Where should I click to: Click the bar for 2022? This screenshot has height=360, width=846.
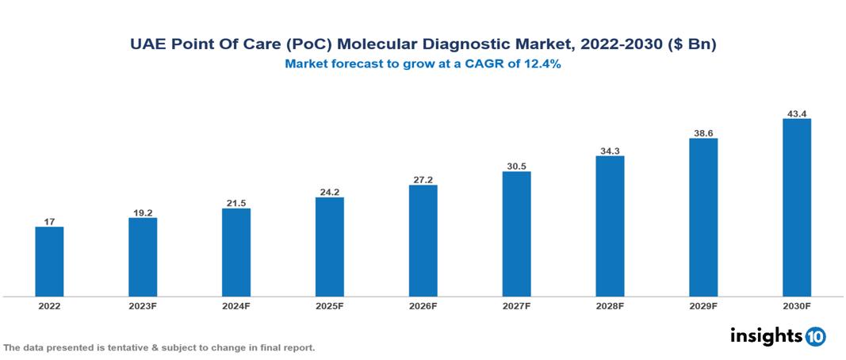coord(49,262)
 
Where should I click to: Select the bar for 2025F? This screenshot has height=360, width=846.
coord(330,247)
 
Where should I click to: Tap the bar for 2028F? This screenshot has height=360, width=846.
coord(610,226)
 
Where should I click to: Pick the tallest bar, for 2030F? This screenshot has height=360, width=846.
coord(797,208)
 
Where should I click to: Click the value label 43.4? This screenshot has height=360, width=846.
coord(797,113)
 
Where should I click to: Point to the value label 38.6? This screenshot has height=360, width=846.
coord(703,132)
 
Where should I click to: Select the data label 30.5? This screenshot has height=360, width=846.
coord(516,166)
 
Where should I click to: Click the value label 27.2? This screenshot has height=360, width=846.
coord(423,179)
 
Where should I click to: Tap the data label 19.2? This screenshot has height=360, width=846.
coord(143,212)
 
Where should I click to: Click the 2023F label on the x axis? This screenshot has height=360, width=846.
coord(143,306)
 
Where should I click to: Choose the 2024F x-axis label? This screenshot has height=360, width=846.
coord(236,306)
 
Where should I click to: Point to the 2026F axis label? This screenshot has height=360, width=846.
coord(423,306)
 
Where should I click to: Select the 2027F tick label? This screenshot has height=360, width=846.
coord(516,306)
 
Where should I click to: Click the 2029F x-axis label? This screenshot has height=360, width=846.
coord(703,306)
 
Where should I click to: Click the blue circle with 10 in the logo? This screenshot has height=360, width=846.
coord(815,336)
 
